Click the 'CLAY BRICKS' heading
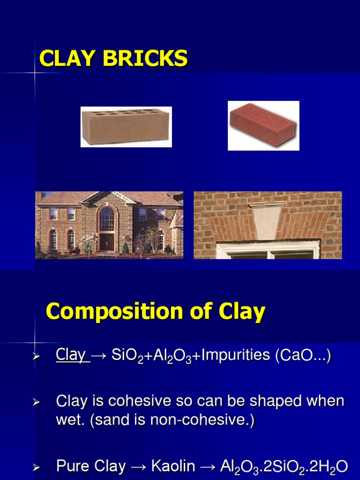pos(113,59)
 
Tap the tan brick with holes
pos(126,127)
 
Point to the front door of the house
pos(107,242)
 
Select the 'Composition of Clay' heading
pos(156,312)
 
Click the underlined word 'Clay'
pos(70,355)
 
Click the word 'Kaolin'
pos(173,466)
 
